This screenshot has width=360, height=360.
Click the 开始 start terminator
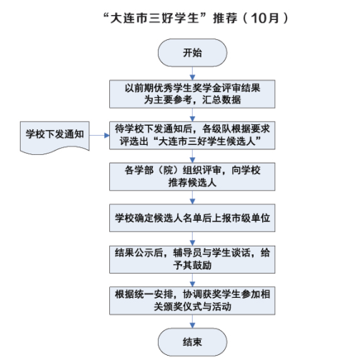192,53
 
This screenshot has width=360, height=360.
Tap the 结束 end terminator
192,342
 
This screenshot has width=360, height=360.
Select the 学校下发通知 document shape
55,138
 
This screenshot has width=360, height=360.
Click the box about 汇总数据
192,94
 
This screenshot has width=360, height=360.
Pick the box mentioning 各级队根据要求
192,136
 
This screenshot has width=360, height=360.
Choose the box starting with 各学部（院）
192,176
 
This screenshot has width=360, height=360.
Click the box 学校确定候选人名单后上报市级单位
192,218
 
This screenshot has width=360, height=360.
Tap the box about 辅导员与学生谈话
192,259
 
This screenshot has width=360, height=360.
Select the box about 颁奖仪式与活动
192,301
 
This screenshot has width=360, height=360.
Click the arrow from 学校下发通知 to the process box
99,136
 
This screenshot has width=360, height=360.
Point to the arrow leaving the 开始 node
192,74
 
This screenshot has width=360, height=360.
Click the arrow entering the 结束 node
192,321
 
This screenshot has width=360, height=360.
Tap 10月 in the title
265,18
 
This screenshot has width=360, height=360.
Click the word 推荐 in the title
225,18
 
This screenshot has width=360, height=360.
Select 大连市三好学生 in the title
155,18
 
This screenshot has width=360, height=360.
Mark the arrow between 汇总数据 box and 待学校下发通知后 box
192,115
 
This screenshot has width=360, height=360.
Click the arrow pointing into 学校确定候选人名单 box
192,197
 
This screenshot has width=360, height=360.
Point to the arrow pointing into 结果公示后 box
192,239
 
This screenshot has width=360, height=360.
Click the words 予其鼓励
192,265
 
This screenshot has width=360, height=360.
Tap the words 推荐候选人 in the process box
192,183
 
